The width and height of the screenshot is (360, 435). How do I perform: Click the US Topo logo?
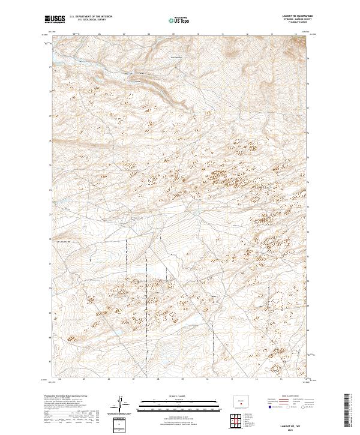click(x=178, y=20)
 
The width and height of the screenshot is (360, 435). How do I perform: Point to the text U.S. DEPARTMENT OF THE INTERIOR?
click(x=90, y=17)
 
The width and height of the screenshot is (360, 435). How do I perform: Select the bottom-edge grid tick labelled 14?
click(x=305, y=379)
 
